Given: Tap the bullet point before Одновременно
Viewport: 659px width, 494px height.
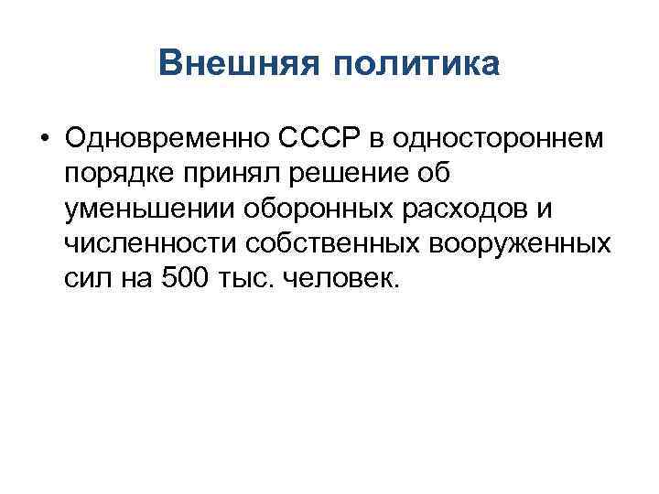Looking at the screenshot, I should pyautogui.click(x=44, y=138).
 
